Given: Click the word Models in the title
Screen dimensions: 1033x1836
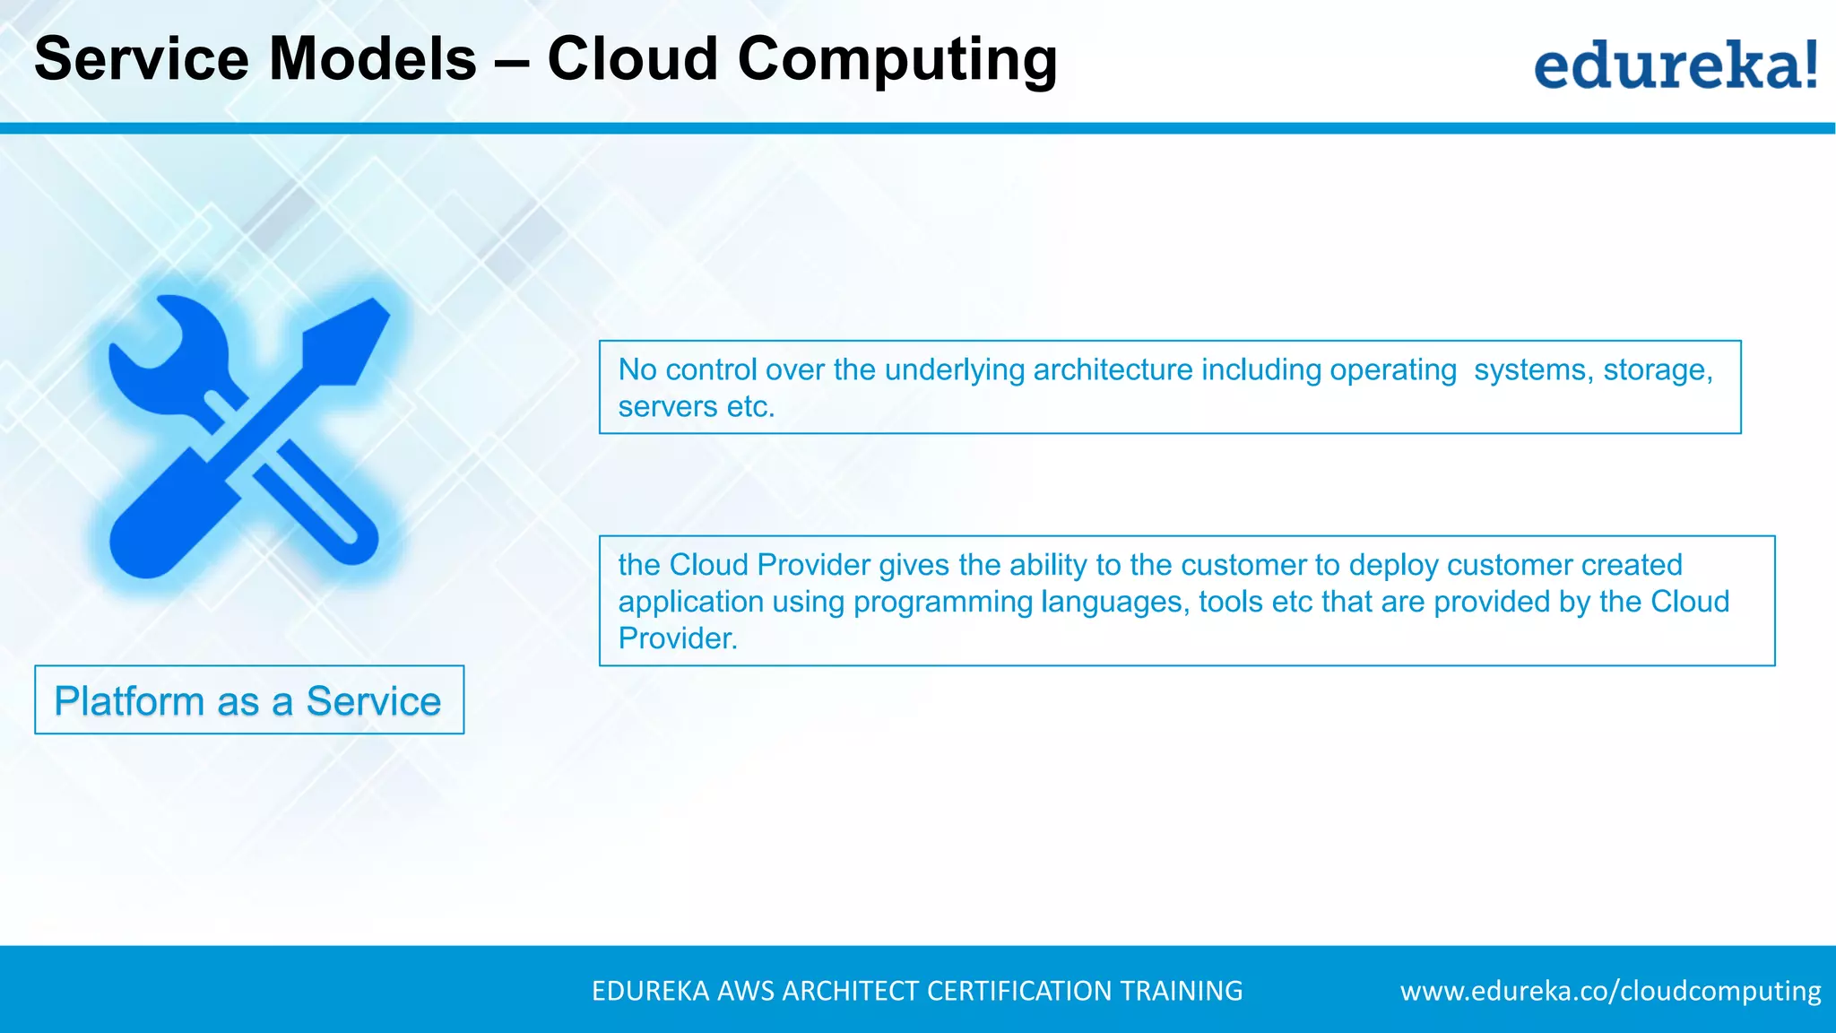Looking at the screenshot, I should tap(373, 59).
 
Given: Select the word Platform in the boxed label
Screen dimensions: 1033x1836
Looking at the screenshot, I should tap(129, 701).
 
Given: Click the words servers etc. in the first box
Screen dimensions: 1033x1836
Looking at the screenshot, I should tap(696, 407).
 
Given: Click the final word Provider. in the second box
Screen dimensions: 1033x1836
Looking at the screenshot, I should tap(678, 638).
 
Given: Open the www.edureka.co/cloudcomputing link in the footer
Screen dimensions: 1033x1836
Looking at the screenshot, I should tap(1610, 991).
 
